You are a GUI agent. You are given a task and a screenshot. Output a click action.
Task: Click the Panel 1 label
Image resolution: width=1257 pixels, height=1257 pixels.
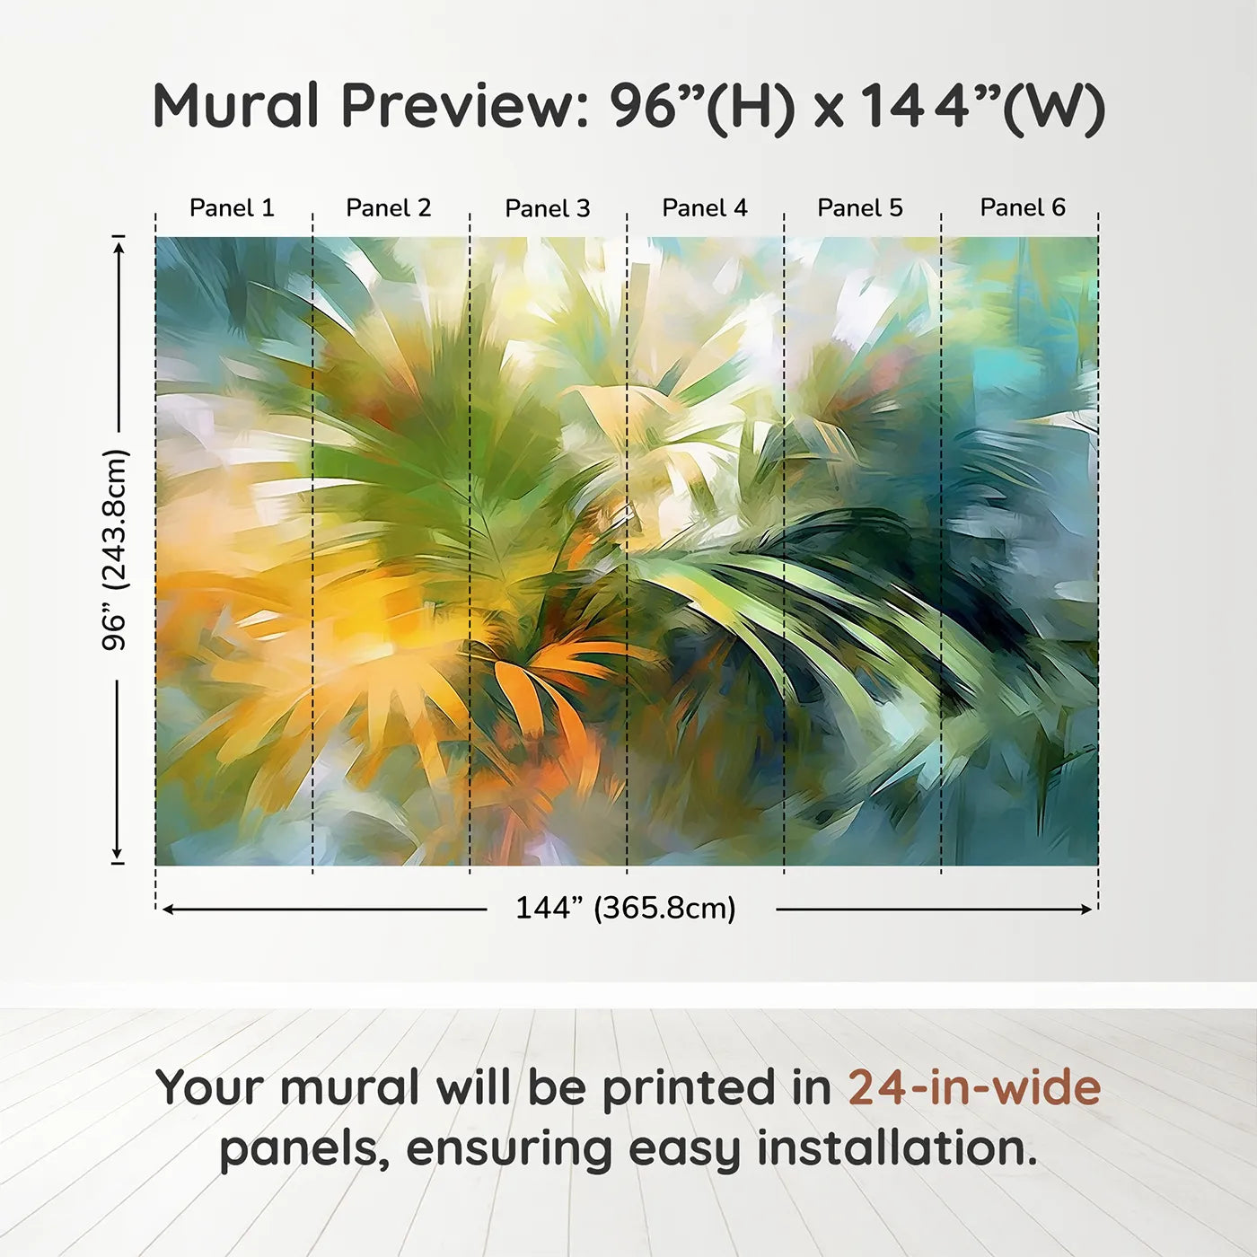(232, 208)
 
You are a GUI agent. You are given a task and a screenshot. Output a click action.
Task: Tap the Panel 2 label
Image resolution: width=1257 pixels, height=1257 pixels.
(389, 208)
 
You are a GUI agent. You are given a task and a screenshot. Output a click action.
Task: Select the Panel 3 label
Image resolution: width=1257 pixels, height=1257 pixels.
(548, 208)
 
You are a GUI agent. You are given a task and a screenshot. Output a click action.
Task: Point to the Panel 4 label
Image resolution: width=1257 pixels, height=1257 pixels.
(705, 208)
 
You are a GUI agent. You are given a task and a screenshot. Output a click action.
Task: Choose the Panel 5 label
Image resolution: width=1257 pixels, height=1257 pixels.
(860, 208)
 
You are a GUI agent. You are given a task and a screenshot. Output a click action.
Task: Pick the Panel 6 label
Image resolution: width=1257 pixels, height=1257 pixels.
(1022, 207)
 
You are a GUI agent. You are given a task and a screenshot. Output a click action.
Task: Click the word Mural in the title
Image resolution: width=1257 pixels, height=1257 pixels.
(235, 106)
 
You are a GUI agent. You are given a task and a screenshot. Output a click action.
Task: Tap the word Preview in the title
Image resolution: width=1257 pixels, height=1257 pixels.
(466, 106)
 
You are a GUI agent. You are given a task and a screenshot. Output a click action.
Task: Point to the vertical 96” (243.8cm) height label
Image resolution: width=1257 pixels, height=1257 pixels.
(116, 549)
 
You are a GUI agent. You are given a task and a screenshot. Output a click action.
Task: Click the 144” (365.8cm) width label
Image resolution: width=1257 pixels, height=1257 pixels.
(626, 908)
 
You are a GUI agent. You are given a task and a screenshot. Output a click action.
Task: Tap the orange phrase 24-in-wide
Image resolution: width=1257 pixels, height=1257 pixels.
(974, 1087)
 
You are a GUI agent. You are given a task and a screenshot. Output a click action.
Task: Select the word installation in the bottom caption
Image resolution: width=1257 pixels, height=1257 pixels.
(897, 1148)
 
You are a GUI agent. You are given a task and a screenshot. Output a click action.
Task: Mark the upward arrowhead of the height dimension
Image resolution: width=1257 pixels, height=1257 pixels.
(118, 249)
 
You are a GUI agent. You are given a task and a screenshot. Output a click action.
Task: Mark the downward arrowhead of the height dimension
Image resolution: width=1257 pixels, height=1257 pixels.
(118, 852)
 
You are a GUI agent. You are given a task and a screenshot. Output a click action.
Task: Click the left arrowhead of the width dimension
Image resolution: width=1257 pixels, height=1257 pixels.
(168, 910)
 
